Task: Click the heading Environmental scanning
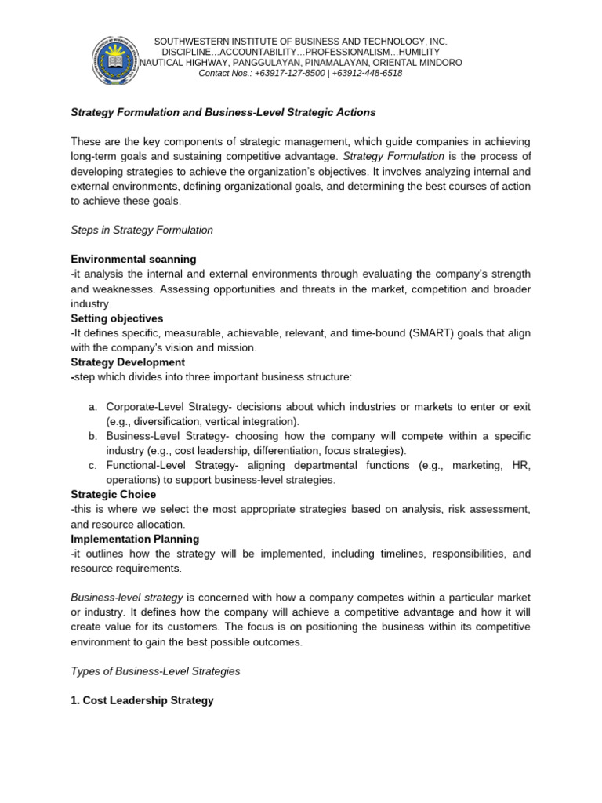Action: click(133, 259)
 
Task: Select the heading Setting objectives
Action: click(117, 318)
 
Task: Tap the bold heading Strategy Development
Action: click(128, 362)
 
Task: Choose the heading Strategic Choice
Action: click(113, 494)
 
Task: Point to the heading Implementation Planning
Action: click(135, 539)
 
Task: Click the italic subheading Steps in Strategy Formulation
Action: click(141, 230)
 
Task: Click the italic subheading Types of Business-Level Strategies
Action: click(155, 670)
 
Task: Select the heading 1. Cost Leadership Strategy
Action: click(142, 700)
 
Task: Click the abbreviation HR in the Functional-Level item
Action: click(520, 465)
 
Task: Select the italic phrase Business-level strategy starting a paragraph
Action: click(127, 598)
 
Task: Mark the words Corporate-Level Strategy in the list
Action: click(169, 407)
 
